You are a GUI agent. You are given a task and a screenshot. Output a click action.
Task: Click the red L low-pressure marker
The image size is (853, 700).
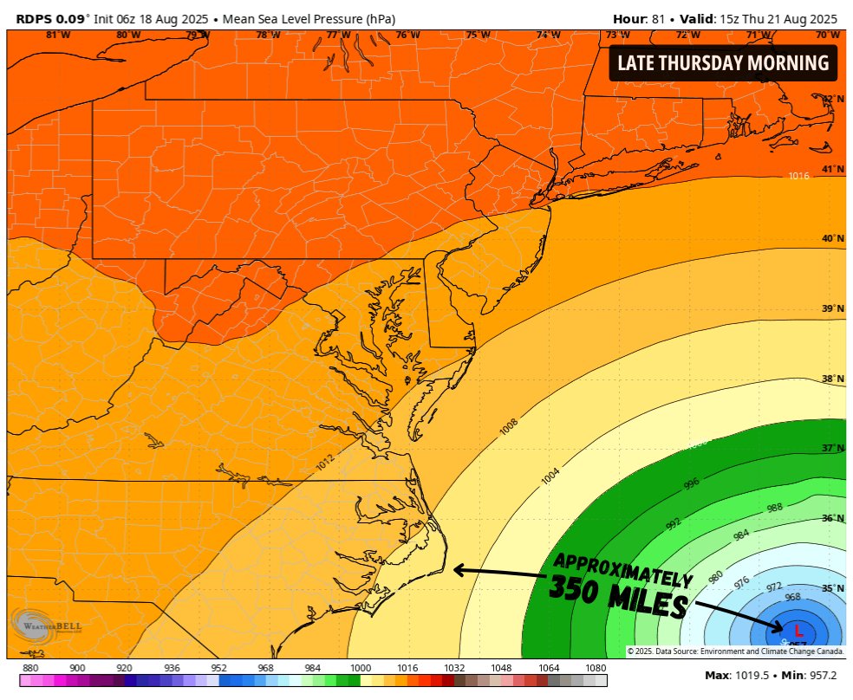pos(798,632)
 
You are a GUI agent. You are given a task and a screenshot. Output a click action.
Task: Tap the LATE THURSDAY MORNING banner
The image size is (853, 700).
pos(722,63)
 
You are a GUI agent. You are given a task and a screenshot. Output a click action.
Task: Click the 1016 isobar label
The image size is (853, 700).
pos(798,176)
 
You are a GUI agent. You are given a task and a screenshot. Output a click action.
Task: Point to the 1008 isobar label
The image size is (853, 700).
pos(509,426)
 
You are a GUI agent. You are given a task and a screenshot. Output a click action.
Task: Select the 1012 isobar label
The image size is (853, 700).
pos(325,463)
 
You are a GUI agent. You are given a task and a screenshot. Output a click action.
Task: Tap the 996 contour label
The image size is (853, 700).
pos(691,483)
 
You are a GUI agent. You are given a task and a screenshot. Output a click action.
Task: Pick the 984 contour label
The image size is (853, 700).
pos(741,535)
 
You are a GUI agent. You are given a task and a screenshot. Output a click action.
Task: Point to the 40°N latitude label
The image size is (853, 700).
pos(833,239)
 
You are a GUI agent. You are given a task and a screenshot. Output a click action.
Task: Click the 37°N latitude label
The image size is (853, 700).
pos(833,449)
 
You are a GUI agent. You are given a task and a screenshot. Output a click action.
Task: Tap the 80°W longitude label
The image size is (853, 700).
pos(127,35)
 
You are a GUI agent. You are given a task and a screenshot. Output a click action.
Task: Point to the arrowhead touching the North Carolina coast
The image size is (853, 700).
pos(458,570)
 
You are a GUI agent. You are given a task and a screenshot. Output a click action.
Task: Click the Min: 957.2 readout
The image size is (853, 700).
pos(806,676)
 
